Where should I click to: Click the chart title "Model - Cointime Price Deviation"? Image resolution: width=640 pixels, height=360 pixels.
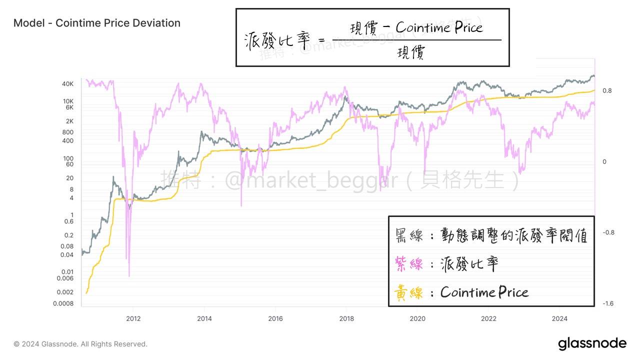(x=97, y=23)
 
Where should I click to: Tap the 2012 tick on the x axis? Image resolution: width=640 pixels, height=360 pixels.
(x=133, y=318)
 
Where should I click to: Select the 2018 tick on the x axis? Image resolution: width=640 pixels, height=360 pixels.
(x=346, y=318)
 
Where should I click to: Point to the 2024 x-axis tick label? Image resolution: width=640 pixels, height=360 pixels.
(x=560, y=318)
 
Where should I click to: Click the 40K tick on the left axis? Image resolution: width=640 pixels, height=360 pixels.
(x=67, y=84)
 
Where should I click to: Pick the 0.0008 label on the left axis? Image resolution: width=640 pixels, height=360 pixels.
(x=63, y=303)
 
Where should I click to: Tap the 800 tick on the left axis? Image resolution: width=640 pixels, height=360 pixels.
(x=67, y=132)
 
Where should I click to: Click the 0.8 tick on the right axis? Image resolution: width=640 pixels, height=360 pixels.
(x=607, y=91)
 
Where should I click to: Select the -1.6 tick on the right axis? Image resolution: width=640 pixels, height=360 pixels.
(x=608, y=303)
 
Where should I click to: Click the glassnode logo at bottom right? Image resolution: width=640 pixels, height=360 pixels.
(x=592, y=343)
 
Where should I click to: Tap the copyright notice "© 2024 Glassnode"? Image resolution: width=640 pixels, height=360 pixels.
(x=80, y=344)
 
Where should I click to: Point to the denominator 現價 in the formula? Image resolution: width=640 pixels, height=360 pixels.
(x=411, y=52)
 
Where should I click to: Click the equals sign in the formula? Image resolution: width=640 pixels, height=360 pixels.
(x=321, y=40)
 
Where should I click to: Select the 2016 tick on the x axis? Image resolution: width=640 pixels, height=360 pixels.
(x=275, y=318)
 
